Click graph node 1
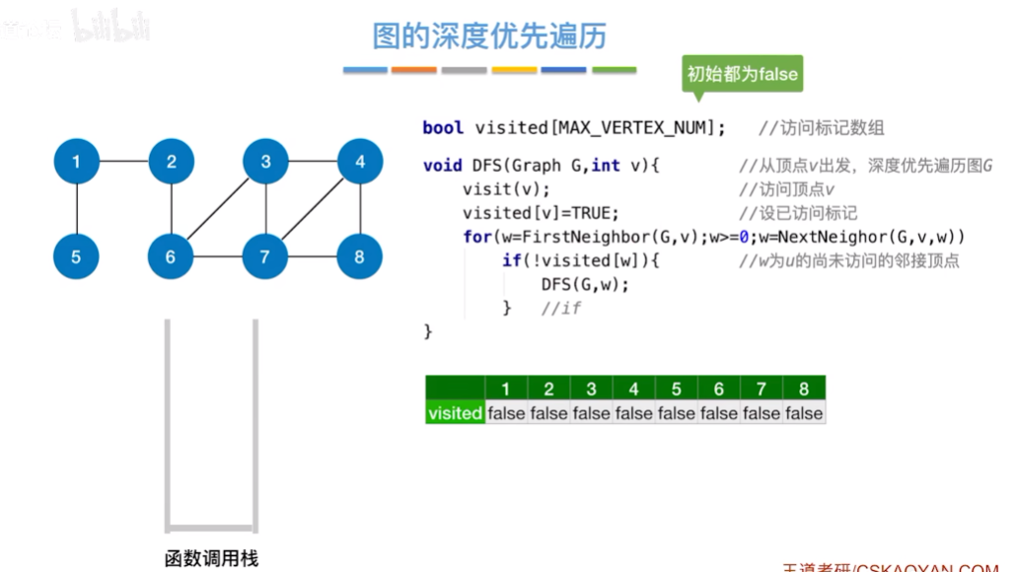(x=76, y=162)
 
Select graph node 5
(x=76, y=257)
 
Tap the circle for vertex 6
(x=171, y=257)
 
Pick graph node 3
(x=265, y=162)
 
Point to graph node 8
(x=359, y=257)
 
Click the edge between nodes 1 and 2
(x=123, y=162)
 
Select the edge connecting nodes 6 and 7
(x=218, y=257)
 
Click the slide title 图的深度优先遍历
(x=489, y=36)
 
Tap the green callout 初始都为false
(x=743, y=74)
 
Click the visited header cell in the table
(x=455, y=413)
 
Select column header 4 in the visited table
(x=633, y=389)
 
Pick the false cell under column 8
(x=804, y=413)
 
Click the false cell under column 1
(x=506, y=413)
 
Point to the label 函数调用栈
(x=211, y=558)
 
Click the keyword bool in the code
(x=443, y=127)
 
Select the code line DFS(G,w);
(x=585, y=284)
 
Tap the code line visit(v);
(x=506, y=189)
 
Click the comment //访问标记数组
(x=821, y=127)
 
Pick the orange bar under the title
(x=413, y=70)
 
